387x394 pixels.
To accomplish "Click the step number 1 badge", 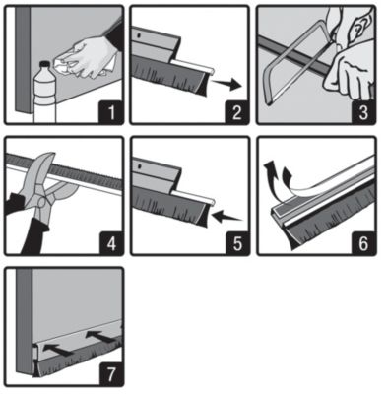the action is tap(111, 111).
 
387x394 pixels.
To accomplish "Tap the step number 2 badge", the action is tap(237, 111).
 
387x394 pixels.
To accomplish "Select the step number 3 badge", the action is tap(363, 111).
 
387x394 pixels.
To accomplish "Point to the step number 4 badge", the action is tap(111, 243).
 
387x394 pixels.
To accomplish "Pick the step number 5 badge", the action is tap(237, 243).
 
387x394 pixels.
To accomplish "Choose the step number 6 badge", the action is tap(363, 243).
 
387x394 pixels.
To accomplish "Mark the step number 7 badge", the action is tap(111, 374).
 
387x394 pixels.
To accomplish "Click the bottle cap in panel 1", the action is tap(45, 64).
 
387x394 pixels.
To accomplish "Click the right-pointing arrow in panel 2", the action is tap(226, 84).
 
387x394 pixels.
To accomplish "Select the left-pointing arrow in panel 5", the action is tap(227, 216).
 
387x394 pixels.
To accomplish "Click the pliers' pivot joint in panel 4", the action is tap(41, 201).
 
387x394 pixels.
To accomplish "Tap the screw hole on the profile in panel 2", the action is tap(139, 33).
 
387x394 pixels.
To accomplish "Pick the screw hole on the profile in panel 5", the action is tap(140, 165).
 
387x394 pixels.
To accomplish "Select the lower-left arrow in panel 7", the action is tap(58, 350).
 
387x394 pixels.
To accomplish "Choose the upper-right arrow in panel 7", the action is tap(100, 338).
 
